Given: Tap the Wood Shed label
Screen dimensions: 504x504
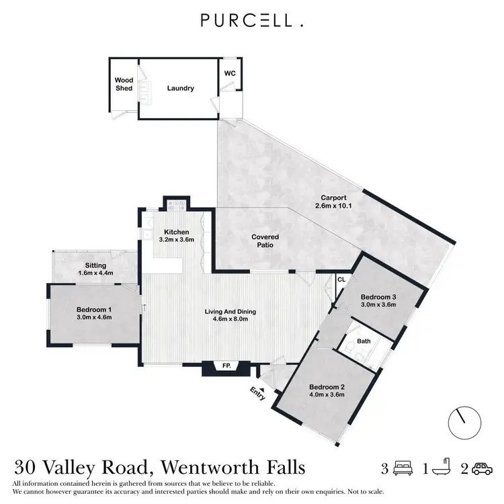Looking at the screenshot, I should click(124, 84).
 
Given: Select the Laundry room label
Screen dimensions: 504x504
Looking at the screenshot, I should click(181, 88).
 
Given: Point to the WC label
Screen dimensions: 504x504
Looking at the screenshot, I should click(229, 73).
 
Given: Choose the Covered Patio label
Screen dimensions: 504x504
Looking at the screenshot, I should click(265, 241).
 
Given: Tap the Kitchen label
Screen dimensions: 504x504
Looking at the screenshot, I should click(176, 232).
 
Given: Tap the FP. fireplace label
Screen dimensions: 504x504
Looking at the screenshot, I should click(226, 366).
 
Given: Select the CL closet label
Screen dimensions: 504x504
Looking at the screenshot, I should click(341, 279).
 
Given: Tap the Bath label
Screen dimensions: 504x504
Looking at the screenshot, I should click(364, 341).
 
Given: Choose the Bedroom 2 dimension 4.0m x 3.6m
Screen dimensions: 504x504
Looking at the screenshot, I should click(327, 394).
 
